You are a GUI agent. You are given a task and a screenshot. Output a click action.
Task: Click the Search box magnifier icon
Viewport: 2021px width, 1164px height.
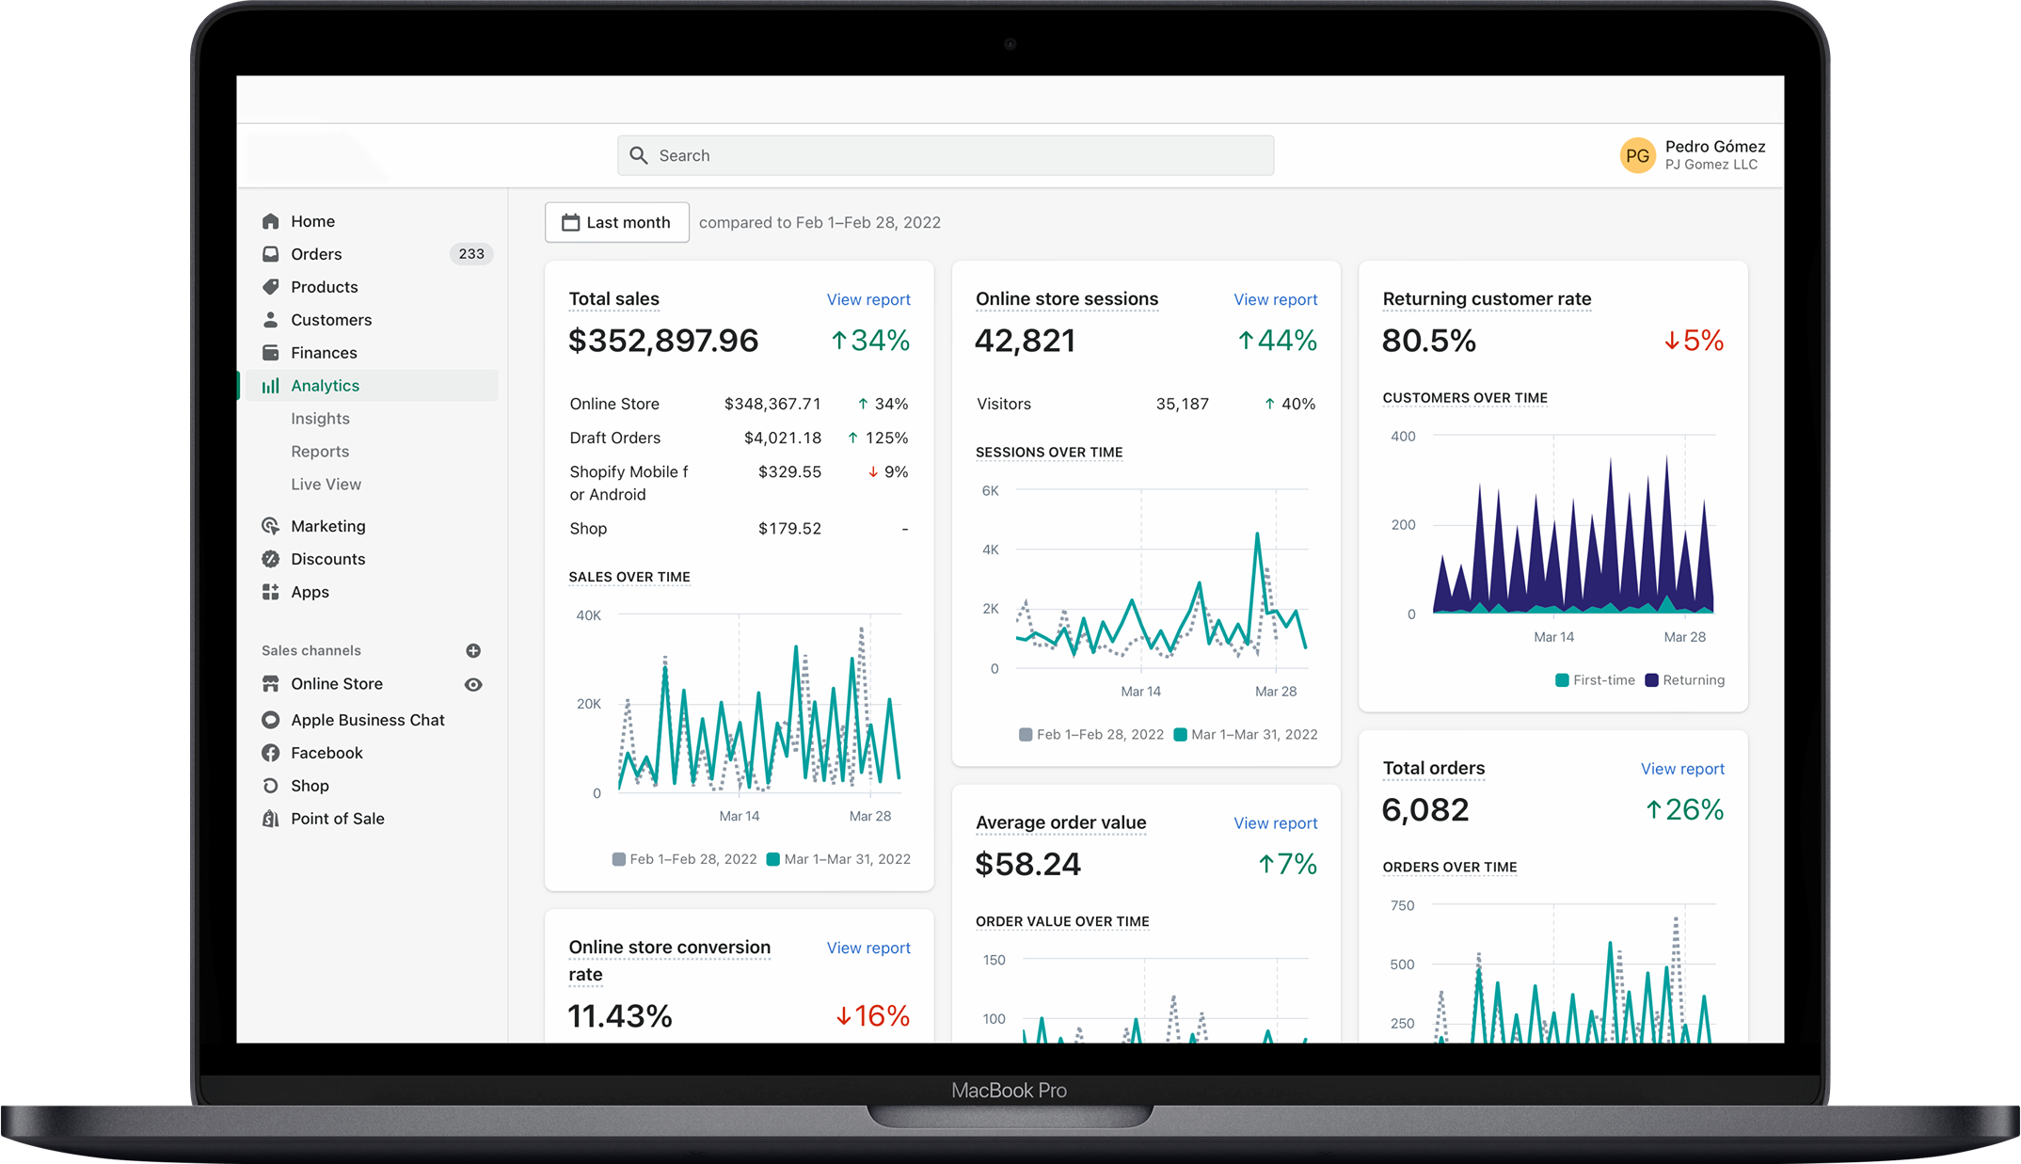[x=639, y=155]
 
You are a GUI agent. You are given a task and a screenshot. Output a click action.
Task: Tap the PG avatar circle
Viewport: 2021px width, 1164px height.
[x=1637, y=155]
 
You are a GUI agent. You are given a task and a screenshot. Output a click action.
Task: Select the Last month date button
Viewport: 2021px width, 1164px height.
[x=617, y=223]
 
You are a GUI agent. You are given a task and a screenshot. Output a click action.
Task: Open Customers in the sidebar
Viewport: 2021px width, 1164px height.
[x=330, y=320]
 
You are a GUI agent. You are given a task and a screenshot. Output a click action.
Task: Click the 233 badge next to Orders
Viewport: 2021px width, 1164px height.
[x=471, y=254]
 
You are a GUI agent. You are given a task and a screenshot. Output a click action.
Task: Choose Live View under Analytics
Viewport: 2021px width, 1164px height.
[x=326, y=485]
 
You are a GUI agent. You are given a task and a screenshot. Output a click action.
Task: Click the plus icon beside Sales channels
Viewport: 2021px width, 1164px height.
[x=473, y=651]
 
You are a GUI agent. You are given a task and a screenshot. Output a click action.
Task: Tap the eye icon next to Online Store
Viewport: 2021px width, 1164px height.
[x=473, y=685]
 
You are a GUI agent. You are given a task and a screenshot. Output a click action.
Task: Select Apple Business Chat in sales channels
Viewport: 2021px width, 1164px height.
[x=367, y=720]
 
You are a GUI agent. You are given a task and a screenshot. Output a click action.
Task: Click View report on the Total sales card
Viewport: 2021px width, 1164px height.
[x=868, y=299]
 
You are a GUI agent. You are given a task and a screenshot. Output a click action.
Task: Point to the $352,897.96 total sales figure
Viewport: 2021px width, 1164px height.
[x=663, y=341]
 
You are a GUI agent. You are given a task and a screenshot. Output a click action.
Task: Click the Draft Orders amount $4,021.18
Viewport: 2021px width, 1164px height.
[x=782, y=438]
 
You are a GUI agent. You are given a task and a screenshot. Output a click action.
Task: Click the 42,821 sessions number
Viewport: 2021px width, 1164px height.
[x=1025, y=341]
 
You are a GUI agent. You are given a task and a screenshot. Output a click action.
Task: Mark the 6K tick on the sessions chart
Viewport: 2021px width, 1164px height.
[x=990, y=491]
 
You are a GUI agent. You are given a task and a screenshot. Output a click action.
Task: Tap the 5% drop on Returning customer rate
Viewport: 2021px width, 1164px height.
[x=1694, y=341]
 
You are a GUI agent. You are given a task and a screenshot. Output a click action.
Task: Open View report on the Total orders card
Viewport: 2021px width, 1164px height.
[x=1682, y=769]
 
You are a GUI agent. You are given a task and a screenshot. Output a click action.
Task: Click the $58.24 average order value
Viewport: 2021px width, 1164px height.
[x=1027, y=865]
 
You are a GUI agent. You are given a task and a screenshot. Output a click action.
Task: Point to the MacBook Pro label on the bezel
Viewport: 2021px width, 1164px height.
[x=1009, y=1091]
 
